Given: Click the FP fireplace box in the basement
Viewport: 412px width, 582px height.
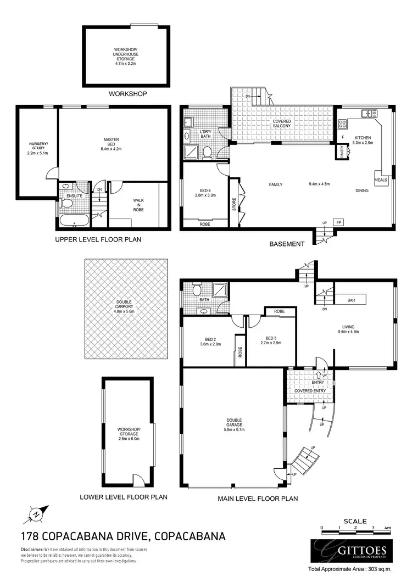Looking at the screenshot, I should point(339,222).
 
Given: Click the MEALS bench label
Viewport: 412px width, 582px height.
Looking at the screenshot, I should point(381,180).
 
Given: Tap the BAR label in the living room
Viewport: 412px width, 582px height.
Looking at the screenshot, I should point(351,300).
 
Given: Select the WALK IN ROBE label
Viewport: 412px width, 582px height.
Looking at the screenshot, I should point(138,205).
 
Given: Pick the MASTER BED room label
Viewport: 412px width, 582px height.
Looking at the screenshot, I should point(110,143).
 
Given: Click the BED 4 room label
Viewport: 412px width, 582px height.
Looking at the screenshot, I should point(204,194).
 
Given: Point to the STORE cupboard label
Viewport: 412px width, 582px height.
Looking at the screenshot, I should point(233,204).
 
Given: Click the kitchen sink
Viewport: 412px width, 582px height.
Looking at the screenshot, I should point(366,114).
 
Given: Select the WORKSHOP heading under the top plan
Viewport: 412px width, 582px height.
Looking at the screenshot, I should point(127,94).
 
